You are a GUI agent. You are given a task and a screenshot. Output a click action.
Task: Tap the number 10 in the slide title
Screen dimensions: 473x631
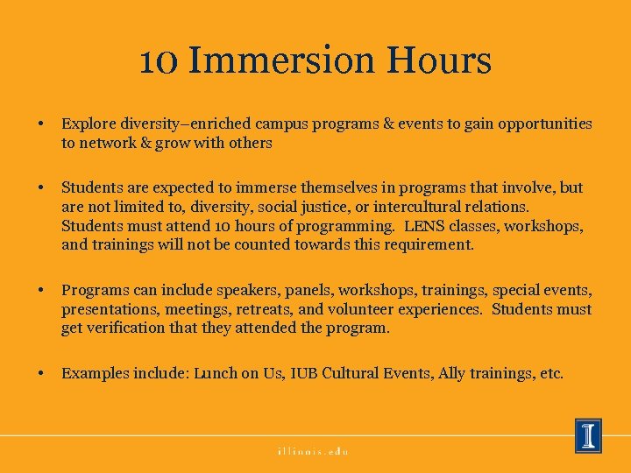[159, 61]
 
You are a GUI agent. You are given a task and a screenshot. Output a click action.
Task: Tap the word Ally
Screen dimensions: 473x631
[452, 373]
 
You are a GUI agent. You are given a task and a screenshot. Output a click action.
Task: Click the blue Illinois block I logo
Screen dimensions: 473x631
[588, 435]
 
